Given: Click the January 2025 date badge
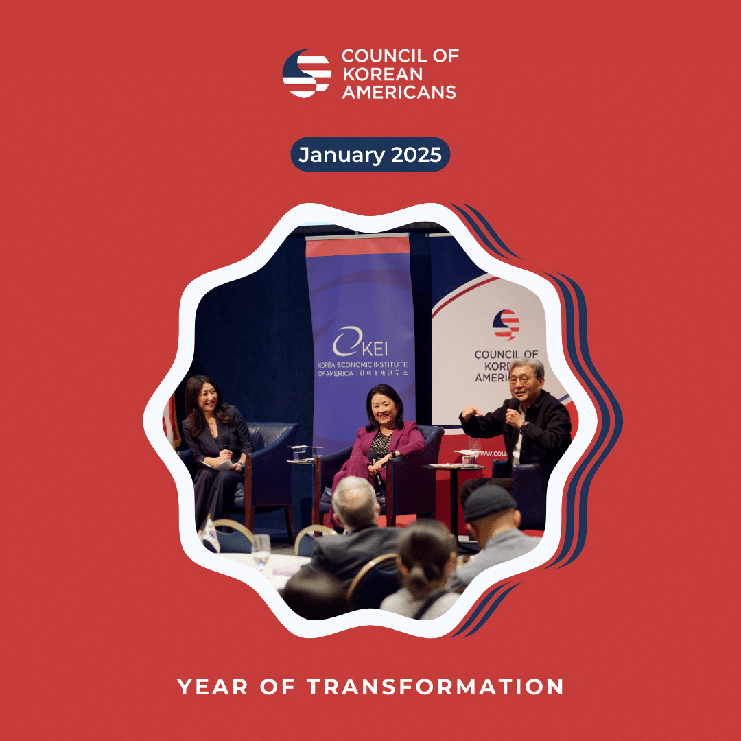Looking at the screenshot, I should (x=370, y=154).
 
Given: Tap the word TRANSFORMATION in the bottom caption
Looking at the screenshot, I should (x=435, y=686).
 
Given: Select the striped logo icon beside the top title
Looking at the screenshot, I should (x=307, y=73).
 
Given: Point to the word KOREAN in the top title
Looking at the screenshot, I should (x=382, y=73).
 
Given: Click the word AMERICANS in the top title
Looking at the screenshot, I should (x=399, y=91).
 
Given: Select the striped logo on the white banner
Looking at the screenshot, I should (x=506, y=325).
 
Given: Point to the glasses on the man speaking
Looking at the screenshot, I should (x=523, y=379).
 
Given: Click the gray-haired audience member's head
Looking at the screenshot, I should (x=355, y=499).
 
